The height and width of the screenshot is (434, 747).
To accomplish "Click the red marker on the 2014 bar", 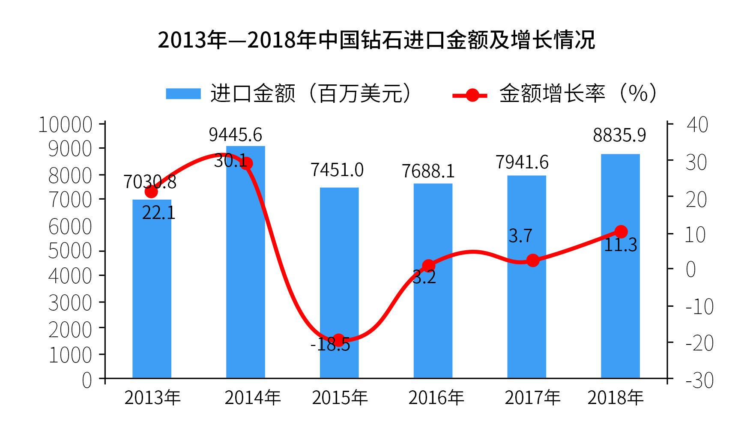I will point(246,163).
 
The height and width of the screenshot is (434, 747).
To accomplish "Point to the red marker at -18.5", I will point(338,341).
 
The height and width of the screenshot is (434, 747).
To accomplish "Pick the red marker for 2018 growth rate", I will point(621,232).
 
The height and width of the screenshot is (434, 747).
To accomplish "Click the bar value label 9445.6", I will point(235,135).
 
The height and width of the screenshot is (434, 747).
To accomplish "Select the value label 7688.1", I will point(428,171).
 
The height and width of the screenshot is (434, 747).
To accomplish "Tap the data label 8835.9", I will point(619,135).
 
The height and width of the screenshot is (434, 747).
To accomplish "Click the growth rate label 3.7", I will point(520,236).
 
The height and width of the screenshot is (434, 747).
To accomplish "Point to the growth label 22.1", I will point(158,213).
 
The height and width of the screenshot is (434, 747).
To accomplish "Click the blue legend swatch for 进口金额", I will point(183,93).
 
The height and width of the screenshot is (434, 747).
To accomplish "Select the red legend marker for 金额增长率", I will point(472,95).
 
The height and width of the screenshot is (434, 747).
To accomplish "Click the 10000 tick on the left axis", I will point(65,125).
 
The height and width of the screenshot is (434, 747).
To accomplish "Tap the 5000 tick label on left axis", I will point(70,251).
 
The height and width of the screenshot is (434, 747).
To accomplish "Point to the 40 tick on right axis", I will point(697,125).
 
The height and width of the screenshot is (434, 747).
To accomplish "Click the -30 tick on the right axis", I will point(699,380).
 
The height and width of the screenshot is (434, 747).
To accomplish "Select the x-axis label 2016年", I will point(436,398).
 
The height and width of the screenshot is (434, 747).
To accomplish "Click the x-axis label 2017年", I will point(532,398).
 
